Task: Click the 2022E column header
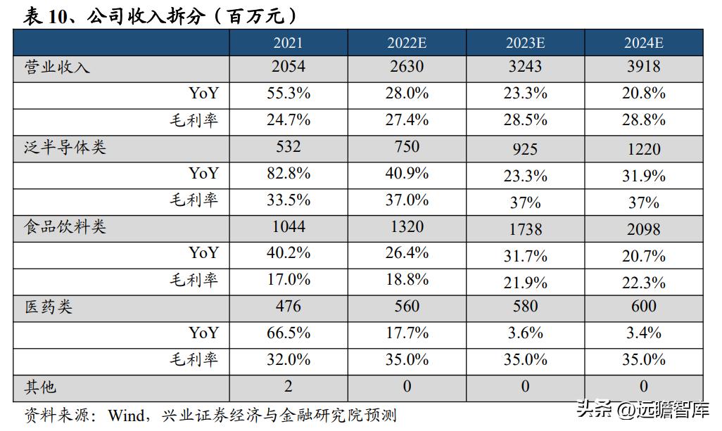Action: tap(407, 43)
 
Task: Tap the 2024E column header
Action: tap(644, 43)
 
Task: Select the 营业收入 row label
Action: tap(57, 67)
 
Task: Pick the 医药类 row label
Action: tap(49, 307)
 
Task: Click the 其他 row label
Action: tap(40, 386)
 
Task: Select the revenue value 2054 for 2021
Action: tap(289, 67)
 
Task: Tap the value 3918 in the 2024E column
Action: tap(644, 67)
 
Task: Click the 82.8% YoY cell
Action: tap(289, 173)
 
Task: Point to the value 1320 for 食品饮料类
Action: tap(407, 226)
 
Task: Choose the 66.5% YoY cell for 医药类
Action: tap(289, 333)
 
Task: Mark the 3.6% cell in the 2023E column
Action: tap(525, 333)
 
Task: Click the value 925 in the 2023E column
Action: tap(525, 149)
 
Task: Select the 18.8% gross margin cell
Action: tap(407, 279)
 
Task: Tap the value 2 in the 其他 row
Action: tap(289, 386)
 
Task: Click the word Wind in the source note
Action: tap(125, 415)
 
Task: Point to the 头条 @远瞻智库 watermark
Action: tap(642, 409)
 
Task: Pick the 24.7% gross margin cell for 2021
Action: tap(289, 120)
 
